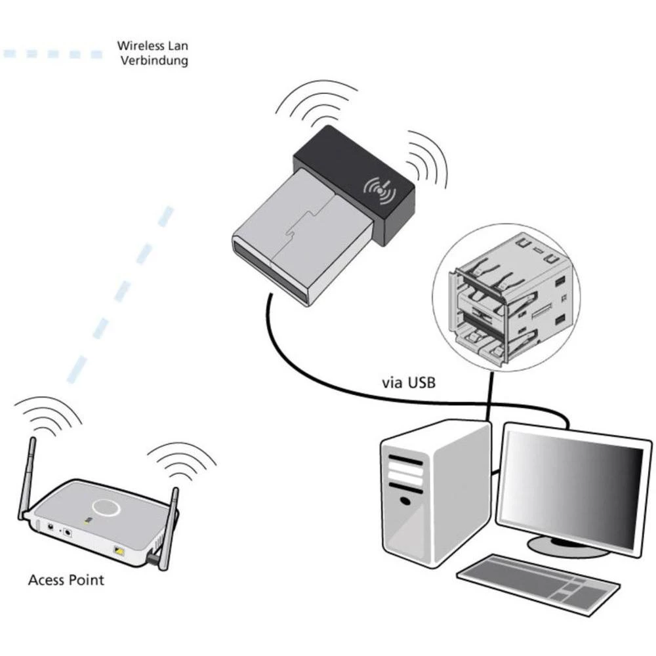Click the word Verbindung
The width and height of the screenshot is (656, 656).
tap(152, 61)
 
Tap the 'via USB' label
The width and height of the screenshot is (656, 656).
tap(407, 382)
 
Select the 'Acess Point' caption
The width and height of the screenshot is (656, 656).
tap(66, 580)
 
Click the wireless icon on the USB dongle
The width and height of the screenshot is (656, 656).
tap(380, 190)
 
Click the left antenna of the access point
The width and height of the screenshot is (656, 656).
tap(26, 479)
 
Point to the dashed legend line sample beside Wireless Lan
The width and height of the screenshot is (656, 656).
tap(52, 54)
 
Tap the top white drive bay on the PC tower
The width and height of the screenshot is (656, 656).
tap(405, 460)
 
